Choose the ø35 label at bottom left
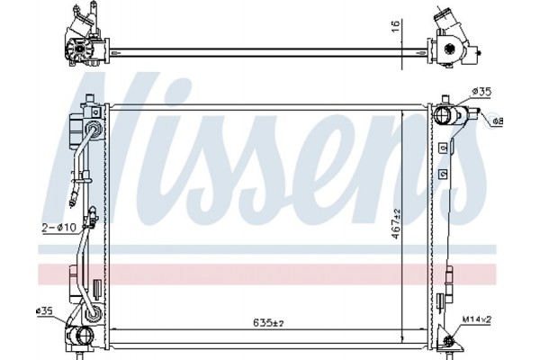tap(45, 312)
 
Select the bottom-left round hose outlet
tap(83, 339)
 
